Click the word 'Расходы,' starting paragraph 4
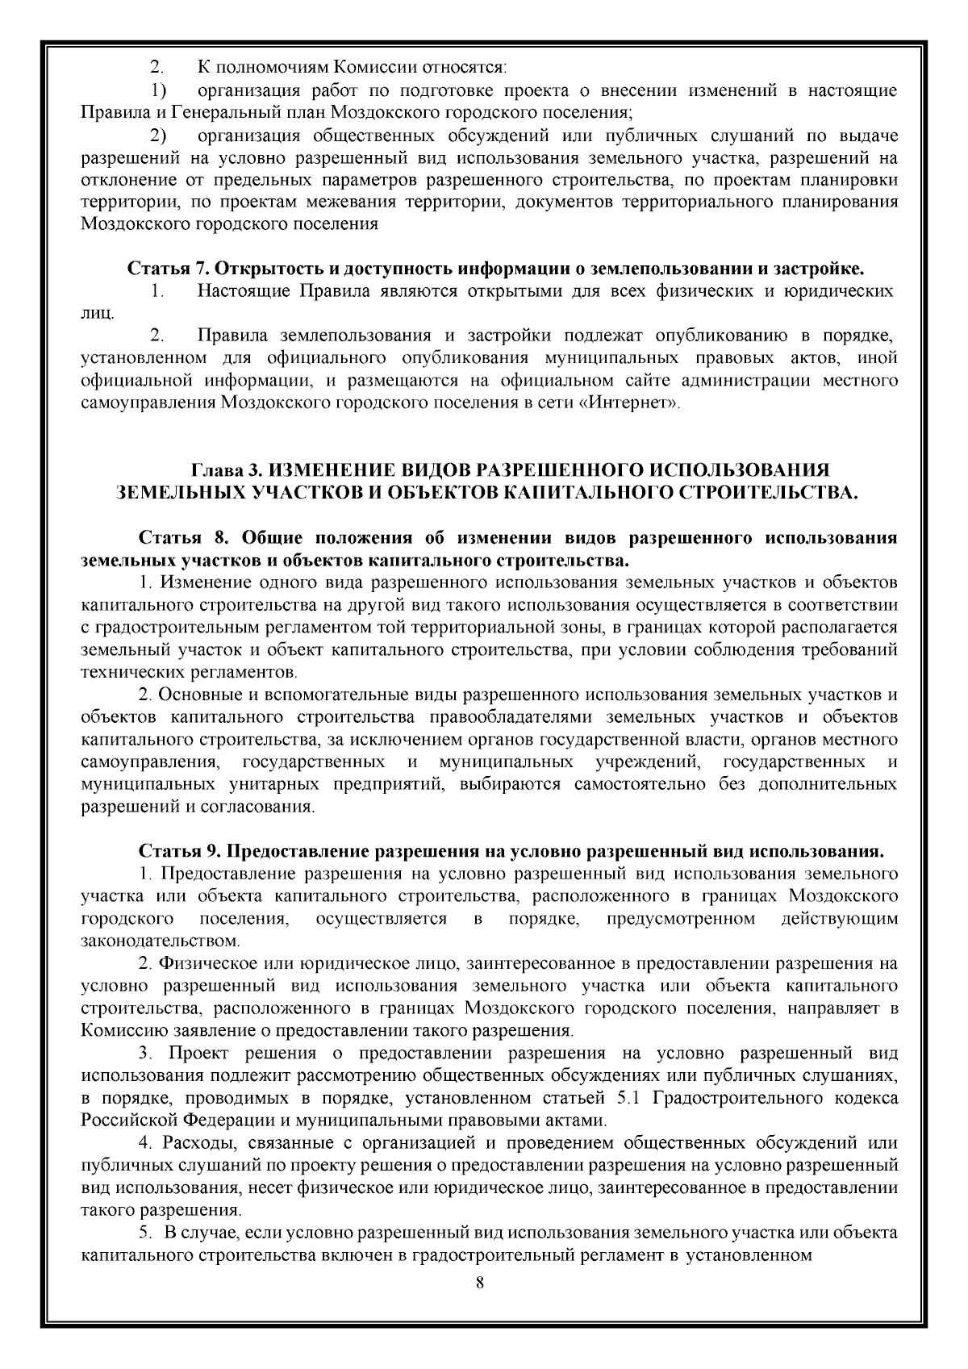[x=197, y=1143]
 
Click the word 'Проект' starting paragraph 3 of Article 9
[x=197, y=1054]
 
